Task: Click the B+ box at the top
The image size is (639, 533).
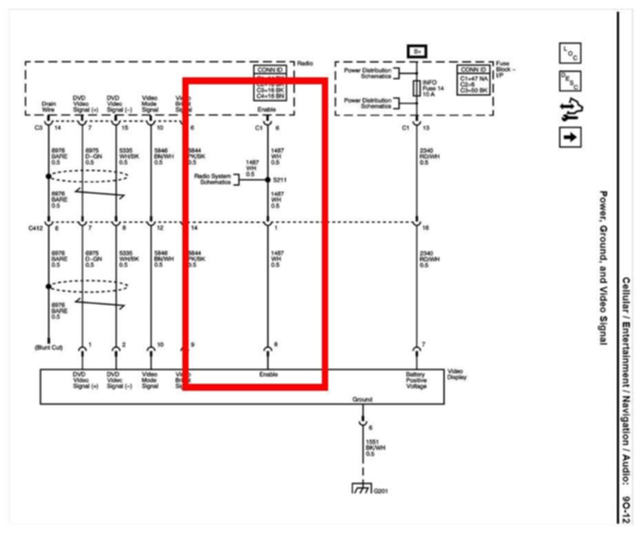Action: click(x=417, y=52)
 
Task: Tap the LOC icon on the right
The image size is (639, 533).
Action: click(x=569, y=52)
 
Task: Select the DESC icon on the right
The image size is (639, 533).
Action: click(x=569, y=81)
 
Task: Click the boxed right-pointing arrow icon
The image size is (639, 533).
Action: click(x=569, y=136)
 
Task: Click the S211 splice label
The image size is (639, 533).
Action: click(x=279, y=180)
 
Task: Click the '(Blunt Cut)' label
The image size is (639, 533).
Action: click(x=48, y=347)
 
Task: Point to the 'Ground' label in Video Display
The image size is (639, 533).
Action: click(x=361, y=399)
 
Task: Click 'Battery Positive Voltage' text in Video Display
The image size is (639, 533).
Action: click(x=417, y=380)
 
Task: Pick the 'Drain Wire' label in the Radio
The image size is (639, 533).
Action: click(x=48, y=106)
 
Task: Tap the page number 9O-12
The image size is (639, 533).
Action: click(x=625, y=504)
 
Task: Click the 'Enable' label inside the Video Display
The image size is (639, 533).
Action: click(x=269, y=374)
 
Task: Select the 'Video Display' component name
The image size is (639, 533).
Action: click(x=457, y=374)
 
